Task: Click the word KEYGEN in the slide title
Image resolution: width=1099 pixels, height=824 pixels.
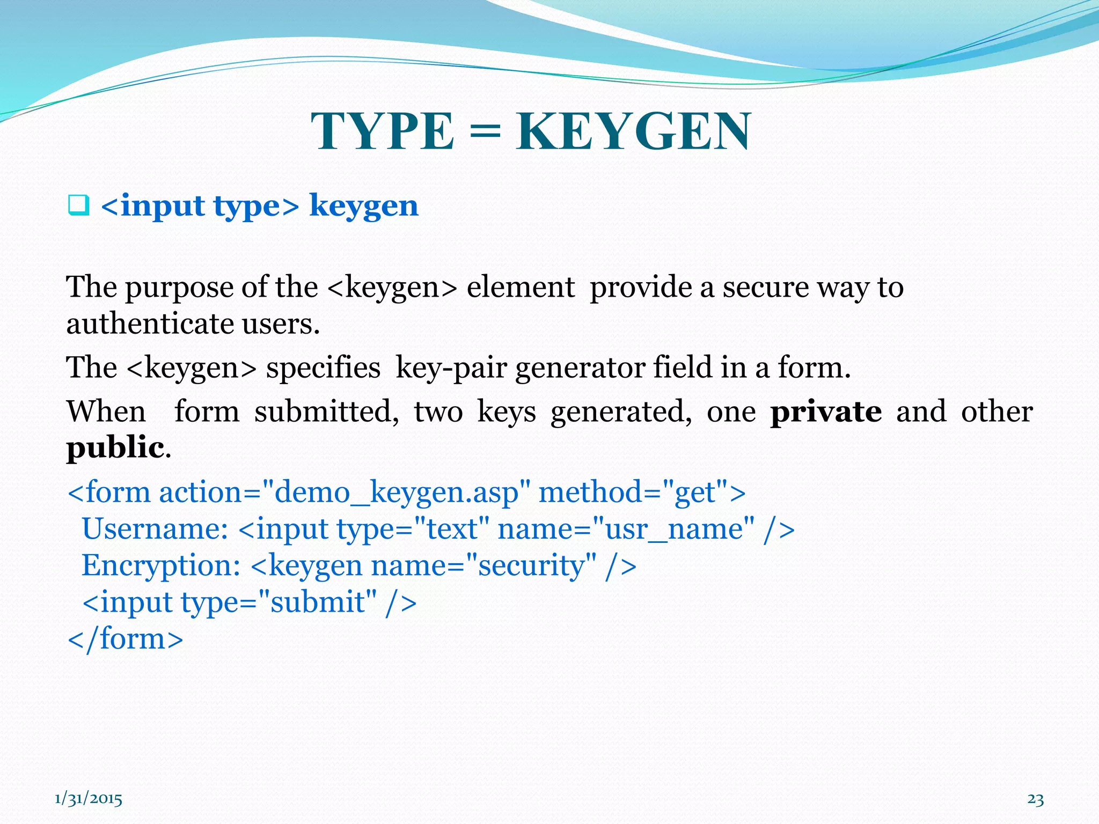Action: [x=633, y=132]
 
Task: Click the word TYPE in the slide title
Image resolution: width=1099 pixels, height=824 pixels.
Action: [x=382, y=132]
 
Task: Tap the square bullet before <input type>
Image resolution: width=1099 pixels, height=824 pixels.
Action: [x=78, y=206]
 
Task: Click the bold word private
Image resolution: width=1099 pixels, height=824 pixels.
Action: [x=826, y=412]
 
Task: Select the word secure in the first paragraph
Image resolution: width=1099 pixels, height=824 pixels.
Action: [x=766, y=288]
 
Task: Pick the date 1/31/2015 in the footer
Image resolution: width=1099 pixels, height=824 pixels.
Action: [x=89, y=799]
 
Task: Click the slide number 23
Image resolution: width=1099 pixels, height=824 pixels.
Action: [x=1035, y=799]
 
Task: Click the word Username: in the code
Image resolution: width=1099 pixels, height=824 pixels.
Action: [x=155, y=529]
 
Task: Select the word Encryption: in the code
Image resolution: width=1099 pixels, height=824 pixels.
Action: [x=161, y=565]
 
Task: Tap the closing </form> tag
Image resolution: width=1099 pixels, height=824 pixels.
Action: [x=126, y=638]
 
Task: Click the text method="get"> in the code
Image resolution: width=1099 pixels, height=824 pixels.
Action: [x=642, y=492]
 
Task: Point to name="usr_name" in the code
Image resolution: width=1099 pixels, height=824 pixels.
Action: [x=626, y=529]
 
